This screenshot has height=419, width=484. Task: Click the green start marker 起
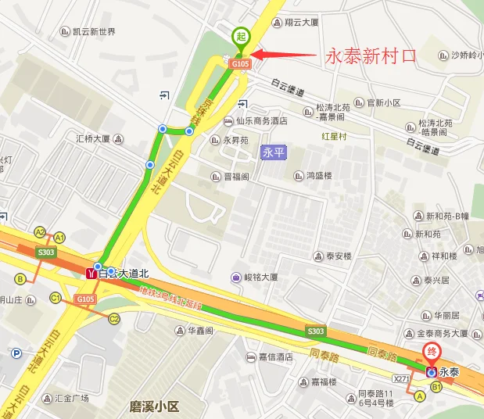point(241,36)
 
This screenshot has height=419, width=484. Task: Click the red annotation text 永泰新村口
point(369,56)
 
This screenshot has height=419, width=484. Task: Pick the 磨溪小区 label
point(154,406)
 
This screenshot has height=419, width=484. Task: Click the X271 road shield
point(403,378)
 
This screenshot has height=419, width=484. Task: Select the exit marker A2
point(40,232)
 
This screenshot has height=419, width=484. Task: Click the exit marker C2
point(114,318)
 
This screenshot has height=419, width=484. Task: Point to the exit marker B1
point(436,386)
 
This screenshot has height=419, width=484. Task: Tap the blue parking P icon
point(16,353)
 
